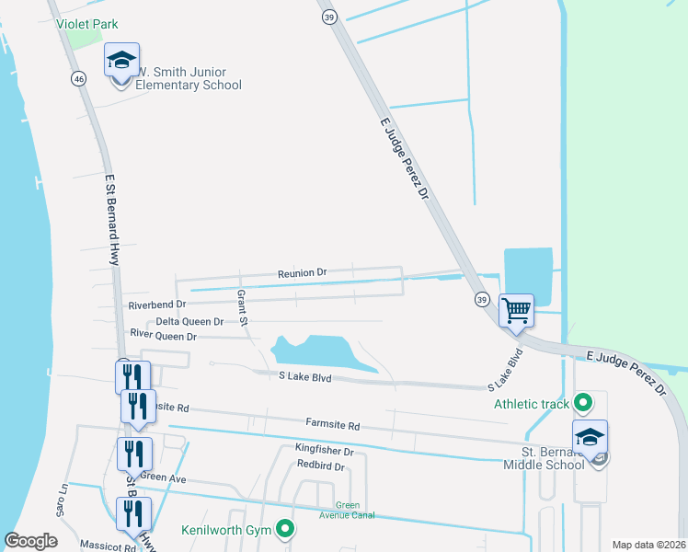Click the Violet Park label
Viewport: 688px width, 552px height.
coord(87,24)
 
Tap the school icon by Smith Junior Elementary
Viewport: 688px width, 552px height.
coord(121,61)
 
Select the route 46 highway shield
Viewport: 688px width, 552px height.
coord(78,79)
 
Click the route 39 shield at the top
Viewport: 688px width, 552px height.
coord(327,17)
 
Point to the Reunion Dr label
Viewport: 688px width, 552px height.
coord(303,273)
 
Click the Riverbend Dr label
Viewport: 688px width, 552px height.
coord(157,304)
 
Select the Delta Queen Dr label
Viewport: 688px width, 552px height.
coord(189,321)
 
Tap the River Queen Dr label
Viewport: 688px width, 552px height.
coord(164,337)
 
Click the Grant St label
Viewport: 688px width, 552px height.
coord(242,308)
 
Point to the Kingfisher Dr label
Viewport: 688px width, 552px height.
coord(324,451)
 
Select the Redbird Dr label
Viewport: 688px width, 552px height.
coord(320,466)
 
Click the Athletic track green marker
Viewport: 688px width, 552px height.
coord(582,402)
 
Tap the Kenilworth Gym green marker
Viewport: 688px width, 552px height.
coord(285,528)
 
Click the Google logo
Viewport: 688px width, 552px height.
coord(30,541)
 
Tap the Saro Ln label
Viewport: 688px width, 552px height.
coord(63,500)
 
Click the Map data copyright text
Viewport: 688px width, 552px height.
coord(648,545)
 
